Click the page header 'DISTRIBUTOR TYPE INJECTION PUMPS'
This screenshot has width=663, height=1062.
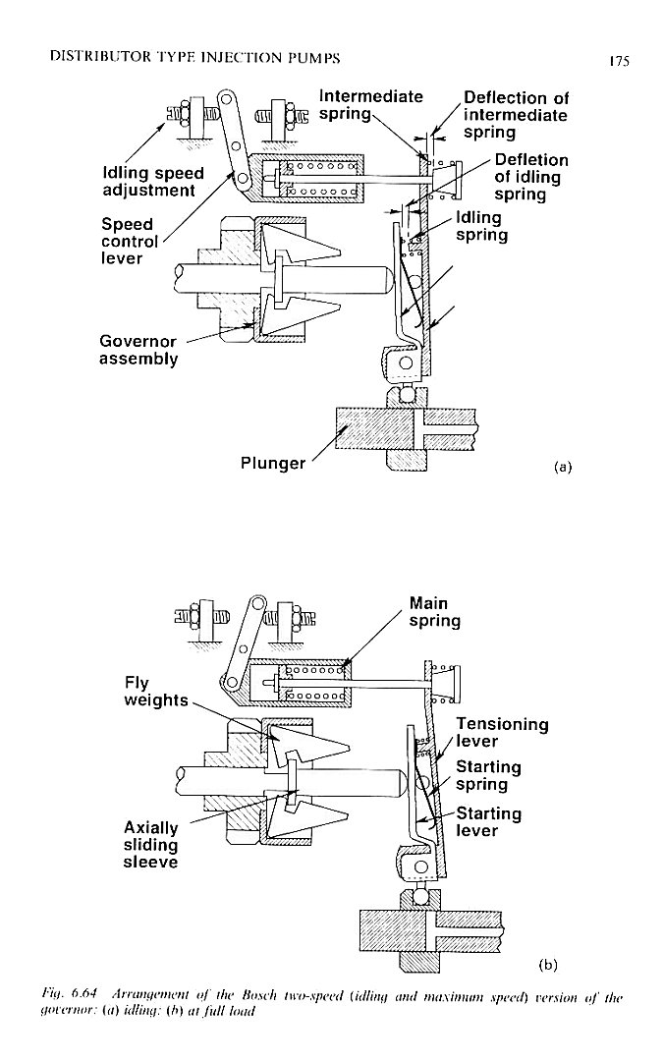187,58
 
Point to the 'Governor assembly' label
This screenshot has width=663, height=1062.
138,350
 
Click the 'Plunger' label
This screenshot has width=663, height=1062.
273,463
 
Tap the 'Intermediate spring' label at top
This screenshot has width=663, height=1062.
370,106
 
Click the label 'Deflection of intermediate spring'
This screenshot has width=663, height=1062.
515,115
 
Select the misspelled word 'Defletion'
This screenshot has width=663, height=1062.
531,160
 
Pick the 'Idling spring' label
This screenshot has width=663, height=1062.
481,227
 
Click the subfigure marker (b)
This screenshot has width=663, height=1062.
548,963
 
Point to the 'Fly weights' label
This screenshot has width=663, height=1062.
156,691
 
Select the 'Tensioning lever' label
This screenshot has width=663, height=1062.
502,733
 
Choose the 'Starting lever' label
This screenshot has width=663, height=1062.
488,822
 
